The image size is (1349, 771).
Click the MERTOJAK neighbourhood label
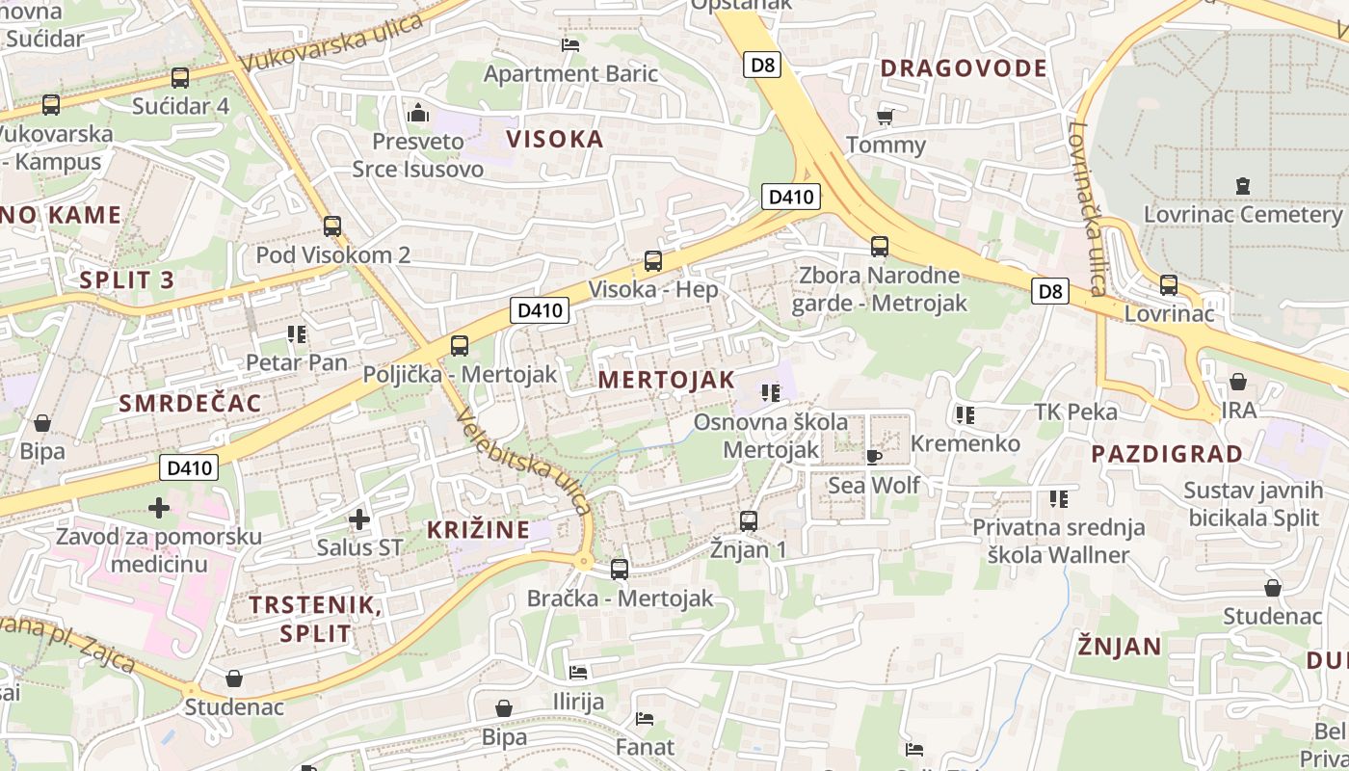click(666, 380)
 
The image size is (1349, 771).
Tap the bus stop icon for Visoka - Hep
click(653, 260)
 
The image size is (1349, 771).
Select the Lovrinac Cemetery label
click(1242, 214)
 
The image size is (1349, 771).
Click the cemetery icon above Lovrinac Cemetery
click(1242, 185)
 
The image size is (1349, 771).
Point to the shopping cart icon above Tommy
click(885, 117)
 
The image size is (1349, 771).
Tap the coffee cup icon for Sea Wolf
click(874, 456)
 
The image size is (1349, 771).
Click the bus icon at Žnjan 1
click(749, 521)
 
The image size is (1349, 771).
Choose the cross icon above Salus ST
click(359, 519)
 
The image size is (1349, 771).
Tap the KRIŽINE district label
click(479, 529)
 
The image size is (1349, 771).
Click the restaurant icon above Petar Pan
click(296, 334)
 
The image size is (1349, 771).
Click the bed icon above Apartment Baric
click(570, 44)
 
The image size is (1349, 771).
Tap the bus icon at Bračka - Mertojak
click(620, 570)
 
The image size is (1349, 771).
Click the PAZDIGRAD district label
click(1166, 454)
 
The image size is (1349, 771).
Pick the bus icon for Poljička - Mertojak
click(460, 346)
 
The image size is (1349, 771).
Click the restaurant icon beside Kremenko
click(965, 415)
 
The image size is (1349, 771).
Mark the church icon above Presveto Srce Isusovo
click(417, 113)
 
